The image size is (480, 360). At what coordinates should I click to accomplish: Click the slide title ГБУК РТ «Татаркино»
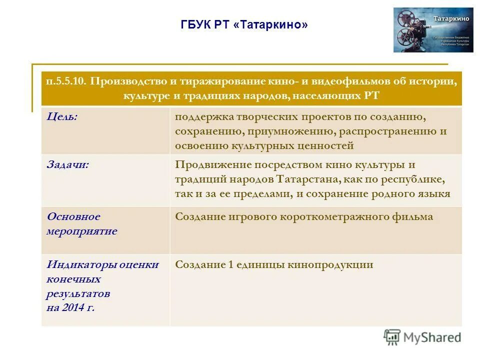[243, 25]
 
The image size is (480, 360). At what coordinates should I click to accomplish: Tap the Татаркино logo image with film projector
[433, 29]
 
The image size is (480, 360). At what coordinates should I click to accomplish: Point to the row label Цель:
[62, 116]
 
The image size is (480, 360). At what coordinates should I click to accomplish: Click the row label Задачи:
[68, 164]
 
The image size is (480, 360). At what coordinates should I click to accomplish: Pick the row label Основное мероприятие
[82, 224]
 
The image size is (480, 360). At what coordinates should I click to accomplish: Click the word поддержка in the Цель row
[200, 117]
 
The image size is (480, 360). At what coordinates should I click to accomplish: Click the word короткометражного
[334, 217]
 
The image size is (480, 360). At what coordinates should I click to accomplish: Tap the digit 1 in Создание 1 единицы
[231, 265]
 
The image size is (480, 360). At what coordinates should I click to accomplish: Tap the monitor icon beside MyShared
[392, 337]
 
